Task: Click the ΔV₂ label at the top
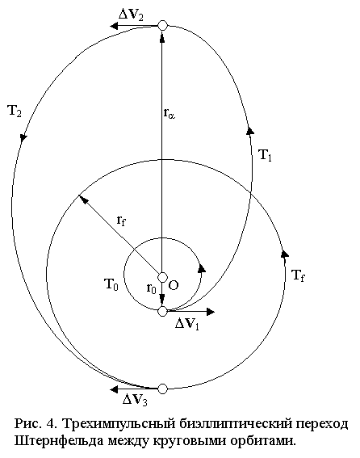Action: point(131,15)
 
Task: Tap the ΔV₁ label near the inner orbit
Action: point(187,323)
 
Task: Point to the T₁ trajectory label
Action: point(265,155)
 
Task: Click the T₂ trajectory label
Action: point(15,111)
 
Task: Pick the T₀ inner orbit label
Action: point(111,284)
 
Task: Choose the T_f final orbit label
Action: point(298,275)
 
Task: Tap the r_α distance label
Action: point(170,113)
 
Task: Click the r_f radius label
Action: point(121,221)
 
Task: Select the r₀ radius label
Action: point(151,288)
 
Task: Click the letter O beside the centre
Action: point(174,285)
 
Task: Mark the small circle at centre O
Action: point(162,277)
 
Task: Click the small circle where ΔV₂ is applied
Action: point(162,25)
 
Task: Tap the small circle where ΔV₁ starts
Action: point(162,312)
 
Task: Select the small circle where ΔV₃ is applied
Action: point(162,389)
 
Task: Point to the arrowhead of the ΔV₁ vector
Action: point(211,312)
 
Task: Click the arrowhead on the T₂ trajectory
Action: point(23,138)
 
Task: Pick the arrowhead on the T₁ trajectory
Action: point(250,130)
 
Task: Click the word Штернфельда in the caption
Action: point(59,441)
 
